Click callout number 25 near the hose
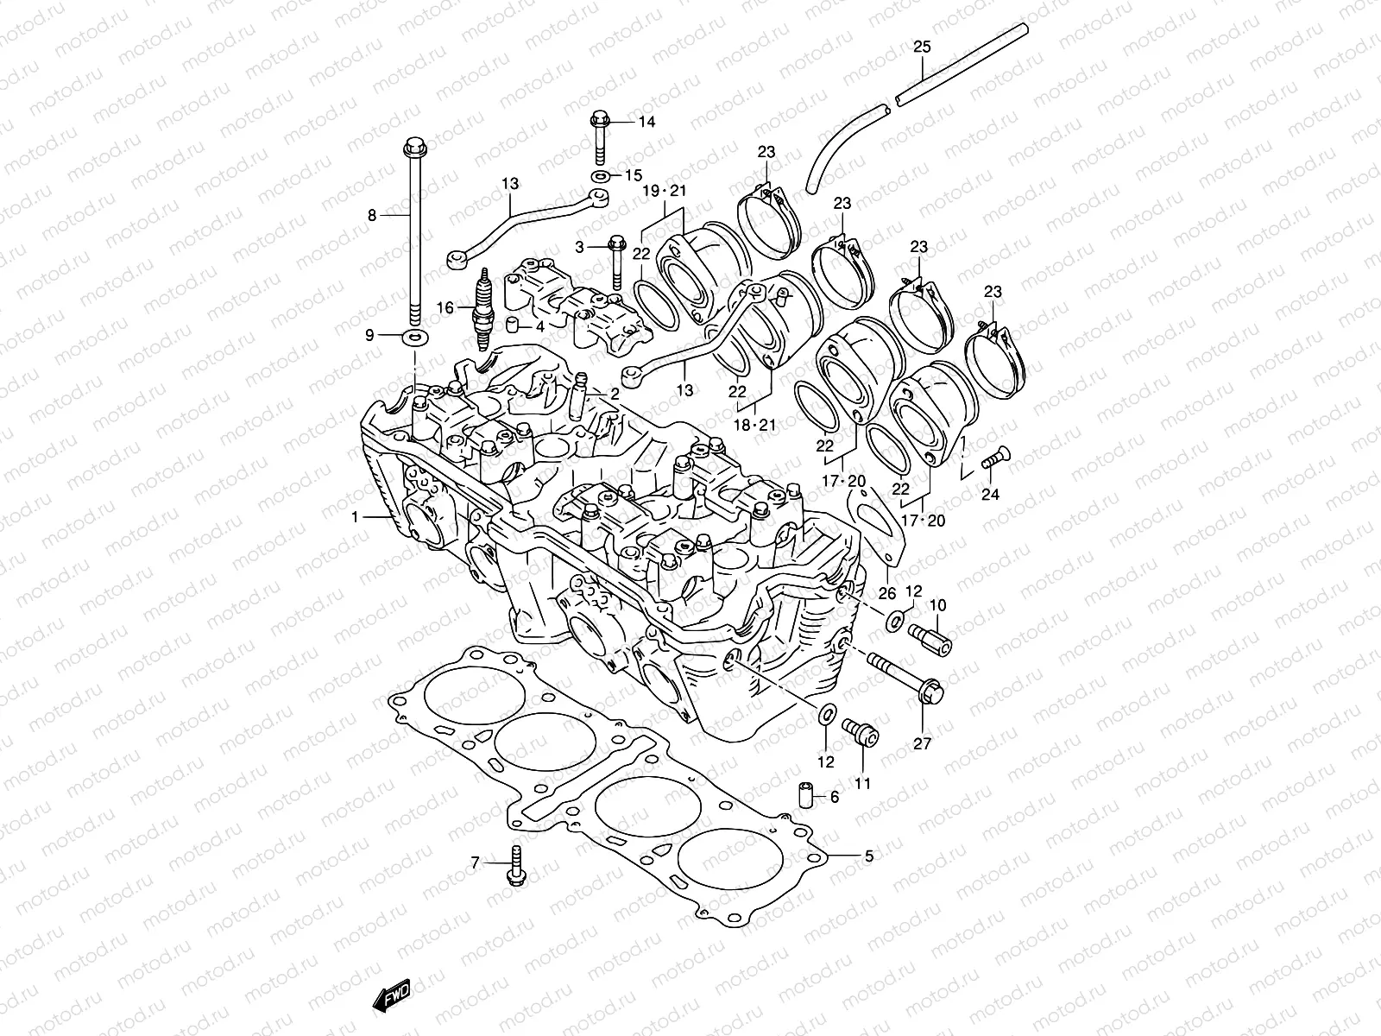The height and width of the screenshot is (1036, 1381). tap(922, 47)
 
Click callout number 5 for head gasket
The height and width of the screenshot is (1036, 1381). tap(869, 856)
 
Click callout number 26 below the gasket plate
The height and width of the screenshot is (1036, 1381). tap(887, 592)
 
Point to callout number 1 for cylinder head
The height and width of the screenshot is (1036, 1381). tap(354, 517)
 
